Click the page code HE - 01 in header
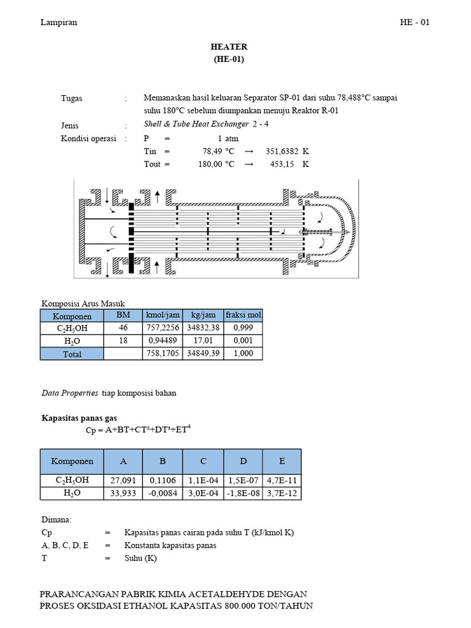pyautogui.click(x=415, y=23)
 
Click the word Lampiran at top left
pyautogui.click(x=59, y=23)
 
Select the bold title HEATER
pyautogui.click(x=229, y=47)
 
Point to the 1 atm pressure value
pyautogui.click(x=228, y=139)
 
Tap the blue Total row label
pyautogui.click(x=72, y=354)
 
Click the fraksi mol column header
pyautogui.click(x=243, y=315)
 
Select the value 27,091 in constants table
pyautogui.click(x=123, y=480)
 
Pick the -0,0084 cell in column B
pyautogui.click(x=163, y=493)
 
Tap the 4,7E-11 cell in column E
pyautogui.click(x=281, y=480)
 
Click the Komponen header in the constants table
pyautogui.click(x=72, y=461)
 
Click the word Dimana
pyautogui.click(x=56, y=519)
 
